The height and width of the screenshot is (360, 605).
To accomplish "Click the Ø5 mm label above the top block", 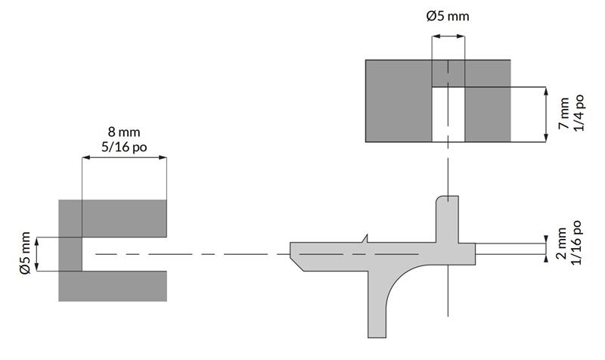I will (x=448, y=16).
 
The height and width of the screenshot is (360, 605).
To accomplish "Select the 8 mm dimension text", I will (x=123, y=132).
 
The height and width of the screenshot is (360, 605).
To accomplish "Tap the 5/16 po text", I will (x=123, y=147).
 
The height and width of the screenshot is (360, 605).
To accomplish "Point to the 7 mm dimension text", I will (x=564, y=114).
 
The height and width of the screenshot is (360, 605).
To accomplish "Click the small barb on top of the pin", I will (x=365, y=239).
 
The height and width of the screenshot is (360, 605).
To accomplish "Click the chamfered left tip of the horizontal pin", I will (x=299, y=256).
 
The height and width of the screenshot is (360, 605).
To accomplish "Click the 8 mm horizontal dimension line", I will (x=123, y=157).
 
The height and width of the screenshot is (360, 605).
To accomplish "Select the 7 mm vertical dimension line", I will (x=546, y=114).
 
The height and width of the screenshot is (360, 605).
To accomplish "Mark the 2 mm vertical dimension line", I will (x=546, y=249).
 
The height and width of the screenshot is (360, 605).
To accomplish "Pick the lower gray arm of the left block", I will (x=113, y=286).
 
